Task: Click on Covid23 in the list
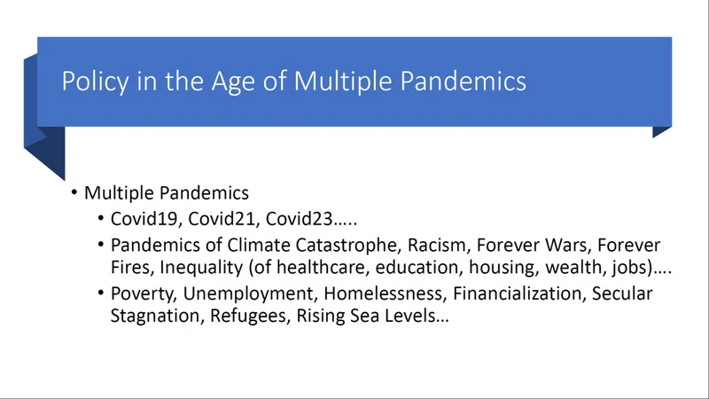[x=300, y=219]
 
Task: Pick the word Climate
[x=259, y=246]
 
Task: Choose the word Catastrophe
[x=348, y=246]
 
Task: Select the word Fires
[x=131, y=268]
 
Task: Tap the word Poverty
[x=144, y=294]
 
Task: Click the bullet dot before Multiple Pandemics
[x=74, y=192]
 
